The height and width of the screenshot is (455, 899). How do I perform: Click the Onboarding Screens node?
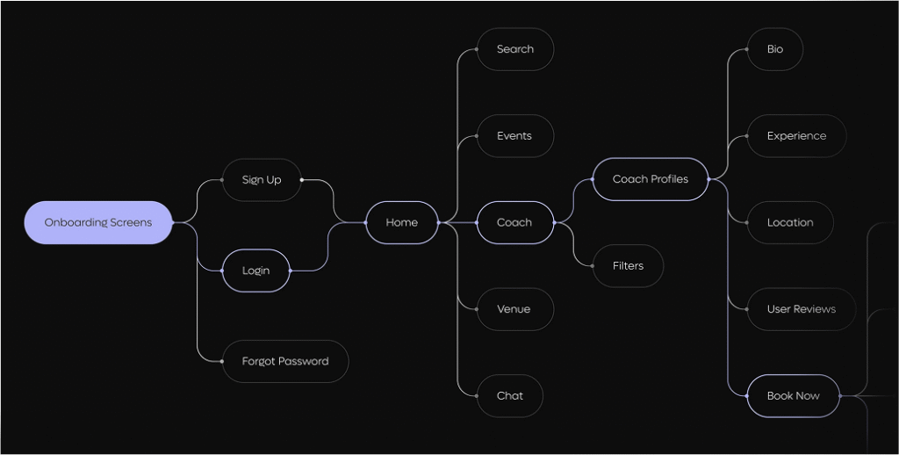98,222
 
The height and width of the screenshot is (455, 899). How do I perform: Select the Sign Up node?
262,179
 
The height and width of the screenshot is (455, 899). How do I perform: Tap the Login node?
255,271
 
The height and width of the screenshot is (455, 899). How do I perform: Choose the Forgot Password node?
285,362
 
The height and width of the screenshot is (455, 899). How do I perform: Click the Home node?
402,222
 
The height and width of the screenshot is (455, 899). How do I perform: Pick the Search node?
514,49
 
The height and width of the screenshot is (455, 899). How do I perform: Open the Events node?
514,136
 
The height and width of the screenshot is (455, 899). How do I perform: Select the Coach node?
514,222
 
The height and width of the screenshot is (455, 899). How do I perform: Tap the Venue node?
514,309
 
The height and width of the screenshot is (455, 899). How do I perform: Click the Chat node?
510,396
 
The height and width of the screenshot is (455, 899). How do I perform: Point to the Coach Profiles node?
651,179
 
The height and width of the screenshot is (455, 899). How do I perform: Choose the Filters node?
628,265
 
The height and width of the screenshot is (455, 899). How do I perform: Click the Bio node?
774,49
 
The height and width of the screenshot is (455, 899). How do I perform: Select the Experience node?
796,136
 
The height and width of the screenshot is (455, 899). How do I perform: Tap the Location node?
790,222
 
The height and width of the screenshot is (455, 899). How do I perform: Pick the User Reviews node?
801,309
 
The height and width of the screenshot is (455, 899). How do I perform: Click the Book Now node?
793,396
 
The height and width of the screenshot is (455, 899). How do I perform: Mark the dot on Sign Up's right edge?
302,179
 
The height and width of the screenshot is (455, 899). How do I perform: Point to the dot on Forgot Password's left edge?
222,362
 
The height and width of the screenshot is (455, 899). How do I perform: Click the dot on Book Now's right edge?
840,396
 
